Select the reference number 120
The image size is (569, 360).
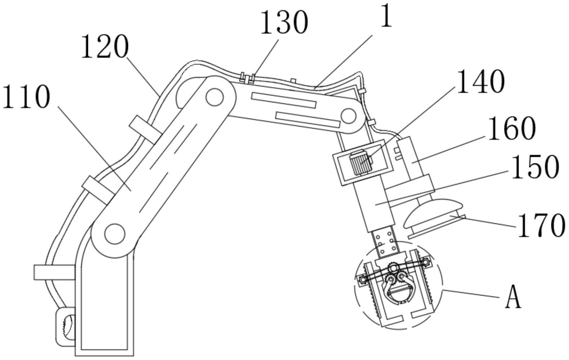tap(105, 46)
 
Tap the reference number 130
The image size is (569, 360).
tap(284, 22)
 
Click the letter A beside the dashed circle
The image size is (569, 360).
tap(513, 296)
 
